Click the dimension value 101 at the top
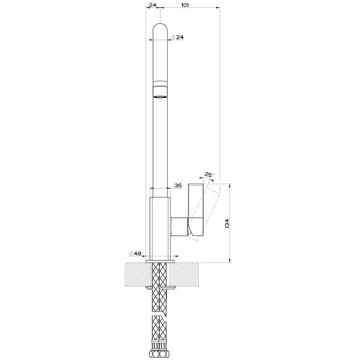click(x=185, y=5)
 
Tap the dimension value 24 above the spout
click(x=153, y=5)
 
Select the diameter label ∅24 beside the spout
click(x=177, y=37)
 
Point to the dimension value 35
click(x=178, y=186)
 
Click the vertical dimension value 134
click(x=228, y=223)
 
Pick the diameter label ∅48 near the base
click(x=135, y=253)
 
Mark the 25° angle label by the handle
click(x=209, y=175)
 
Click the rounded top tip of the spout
click(x=160, y=24)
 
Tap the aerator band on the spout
click(x=160, y=89)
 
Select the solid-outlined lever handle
click(x=196, y=210)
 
